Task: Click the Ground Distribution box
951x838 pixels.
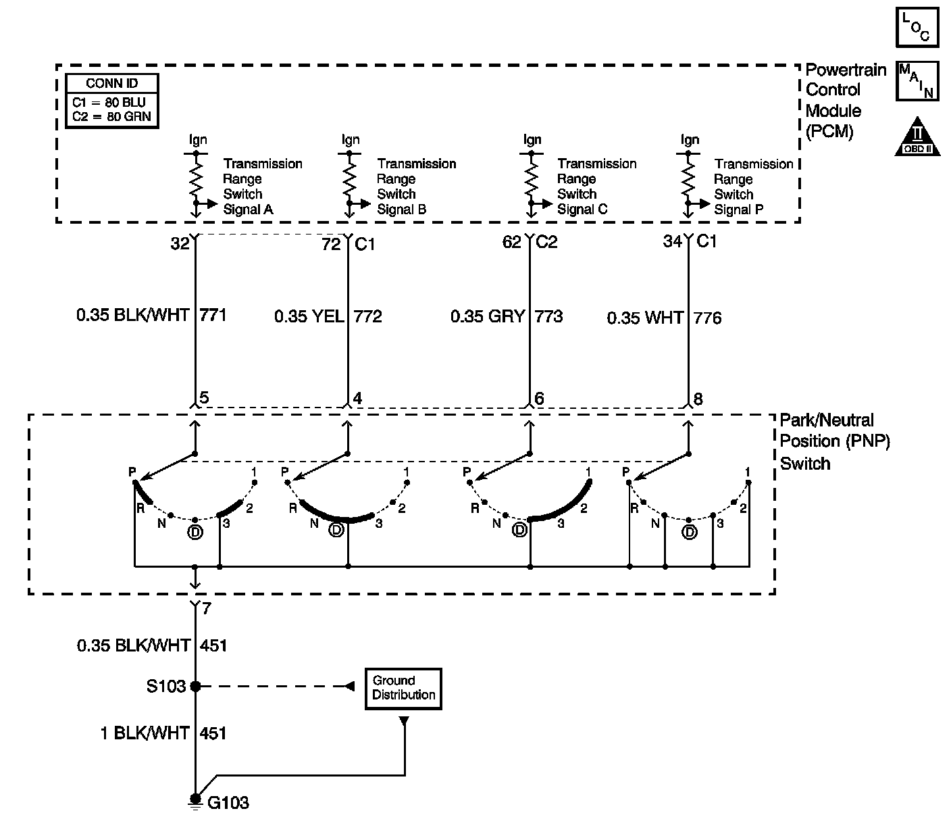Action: (403, 689)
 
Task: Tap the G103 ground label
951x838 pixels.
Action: (228, 803)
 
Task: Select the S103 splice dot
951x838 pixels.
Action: (195, 687)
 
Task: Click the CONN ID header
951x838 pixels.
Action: (112, 84)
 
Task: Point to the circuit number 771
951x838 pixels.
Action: (213, 315)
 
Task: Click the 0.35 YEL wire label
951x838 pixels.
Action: (309, 316)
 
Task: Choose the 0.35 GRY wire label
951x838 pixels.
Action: (487, 316)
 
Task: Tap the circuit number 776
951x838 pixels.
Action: (707, 318)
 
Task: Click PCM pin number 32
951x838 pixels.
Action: (180, 244)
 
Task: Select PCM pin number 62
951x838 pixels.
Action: (512, 242)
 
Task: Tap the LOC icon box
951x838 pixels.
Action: (917, 27)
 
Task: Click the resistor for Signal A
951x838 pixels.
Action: (196, 179)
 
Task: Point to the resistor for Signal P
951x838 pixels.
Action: (688, 179)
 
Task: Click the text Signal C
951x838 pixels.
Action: (582, 209)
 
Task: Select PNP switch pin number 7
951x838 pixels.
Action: (207, 609)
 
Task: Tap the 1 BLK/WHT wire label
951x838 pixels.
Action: (145, 733)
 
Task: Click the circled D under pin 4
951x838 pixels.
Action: (336, 531)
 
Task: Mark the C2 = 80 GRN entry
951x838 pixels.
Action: (112, 116)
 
